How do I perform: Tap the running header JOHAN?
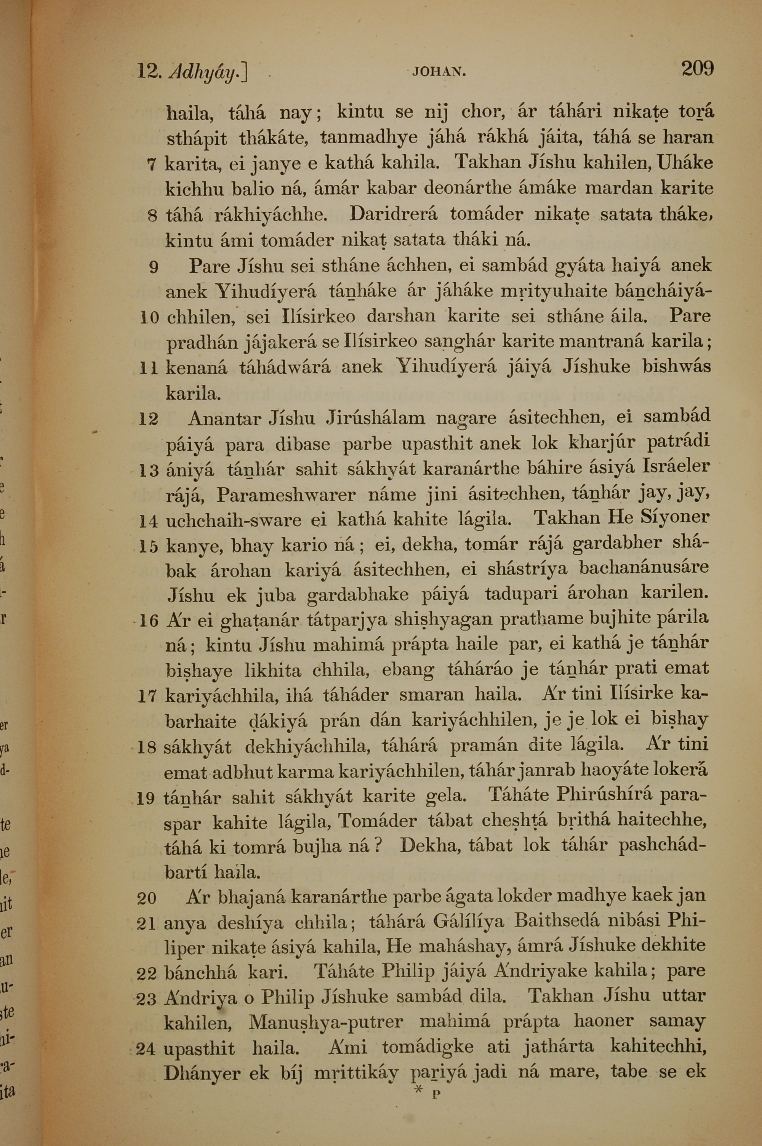pos(439,73)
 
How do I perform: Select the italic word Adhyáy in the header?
pos(208,73)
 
